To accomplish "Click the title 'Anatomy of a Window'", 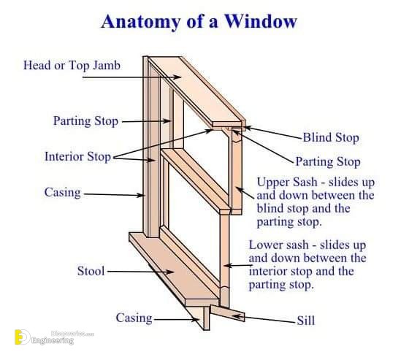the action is click(199, 21).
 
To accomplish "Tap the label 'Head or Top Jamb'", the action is click(72, 66).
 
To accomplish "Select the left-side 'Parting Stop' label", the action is click(85, 121).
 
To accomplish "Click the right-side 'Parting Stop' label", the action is click(328, 162).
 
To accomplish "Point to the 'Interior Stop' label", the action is click(77, 156).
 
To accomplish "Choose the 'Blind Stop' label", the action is click(331, 137).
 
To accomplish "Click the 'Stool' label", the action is click(91, 271).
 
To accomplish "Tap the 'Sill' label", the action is click(305, 321).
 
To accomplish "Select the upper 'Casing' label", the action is click(62, 192).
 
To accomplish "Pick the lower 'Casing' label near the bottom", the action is click(134, 318).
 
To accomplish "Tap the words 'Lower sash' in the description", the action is click(279, 245).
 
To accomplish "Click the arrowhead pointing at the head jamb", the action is click(177, 77).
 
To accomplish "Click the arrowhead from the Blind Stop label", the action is click(248, 128).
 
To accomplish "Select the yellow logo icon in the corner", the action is click(22, 337).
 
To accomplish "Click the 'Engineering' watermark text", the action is click(53, 340).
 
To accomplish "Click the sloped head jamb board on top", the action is click(197, 90).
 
